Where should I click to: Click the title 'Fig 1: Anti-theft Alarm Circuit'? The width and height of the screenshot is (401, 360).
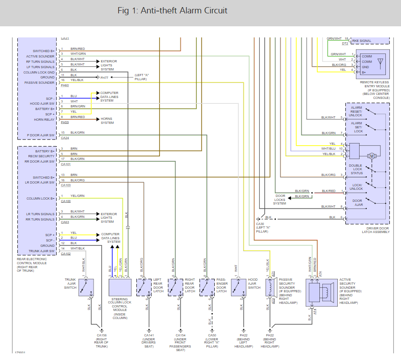pos(172,11)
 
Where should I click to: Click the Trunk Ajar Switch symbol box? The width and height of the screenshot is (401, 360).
pos(86,287)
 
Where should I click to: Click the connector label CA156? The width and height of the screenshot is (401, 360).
pos(101,335)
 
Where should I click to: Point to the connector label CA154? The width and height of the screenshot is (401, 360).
pos(180,335)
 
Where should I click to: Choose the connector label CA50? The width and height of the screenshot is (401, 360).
pos(212,335)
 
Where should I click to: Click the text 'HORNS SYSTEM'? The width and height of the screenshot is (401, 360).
pos(107,120)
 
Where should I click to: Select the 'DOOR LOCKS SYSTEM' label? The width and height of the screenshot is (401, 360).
pos(280,200)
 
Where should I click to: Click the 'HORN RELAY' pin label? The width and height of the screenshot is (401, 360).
pos(45,119)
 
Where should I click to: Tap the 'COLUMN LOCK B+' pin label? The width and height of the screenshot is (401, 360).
pos(41,199)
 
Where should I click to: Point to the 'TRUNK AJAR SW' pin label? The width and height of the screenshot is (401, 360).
pos(41,251)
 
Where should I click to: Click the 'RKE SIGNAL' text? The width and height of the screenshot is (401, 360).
pos(361,41)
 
